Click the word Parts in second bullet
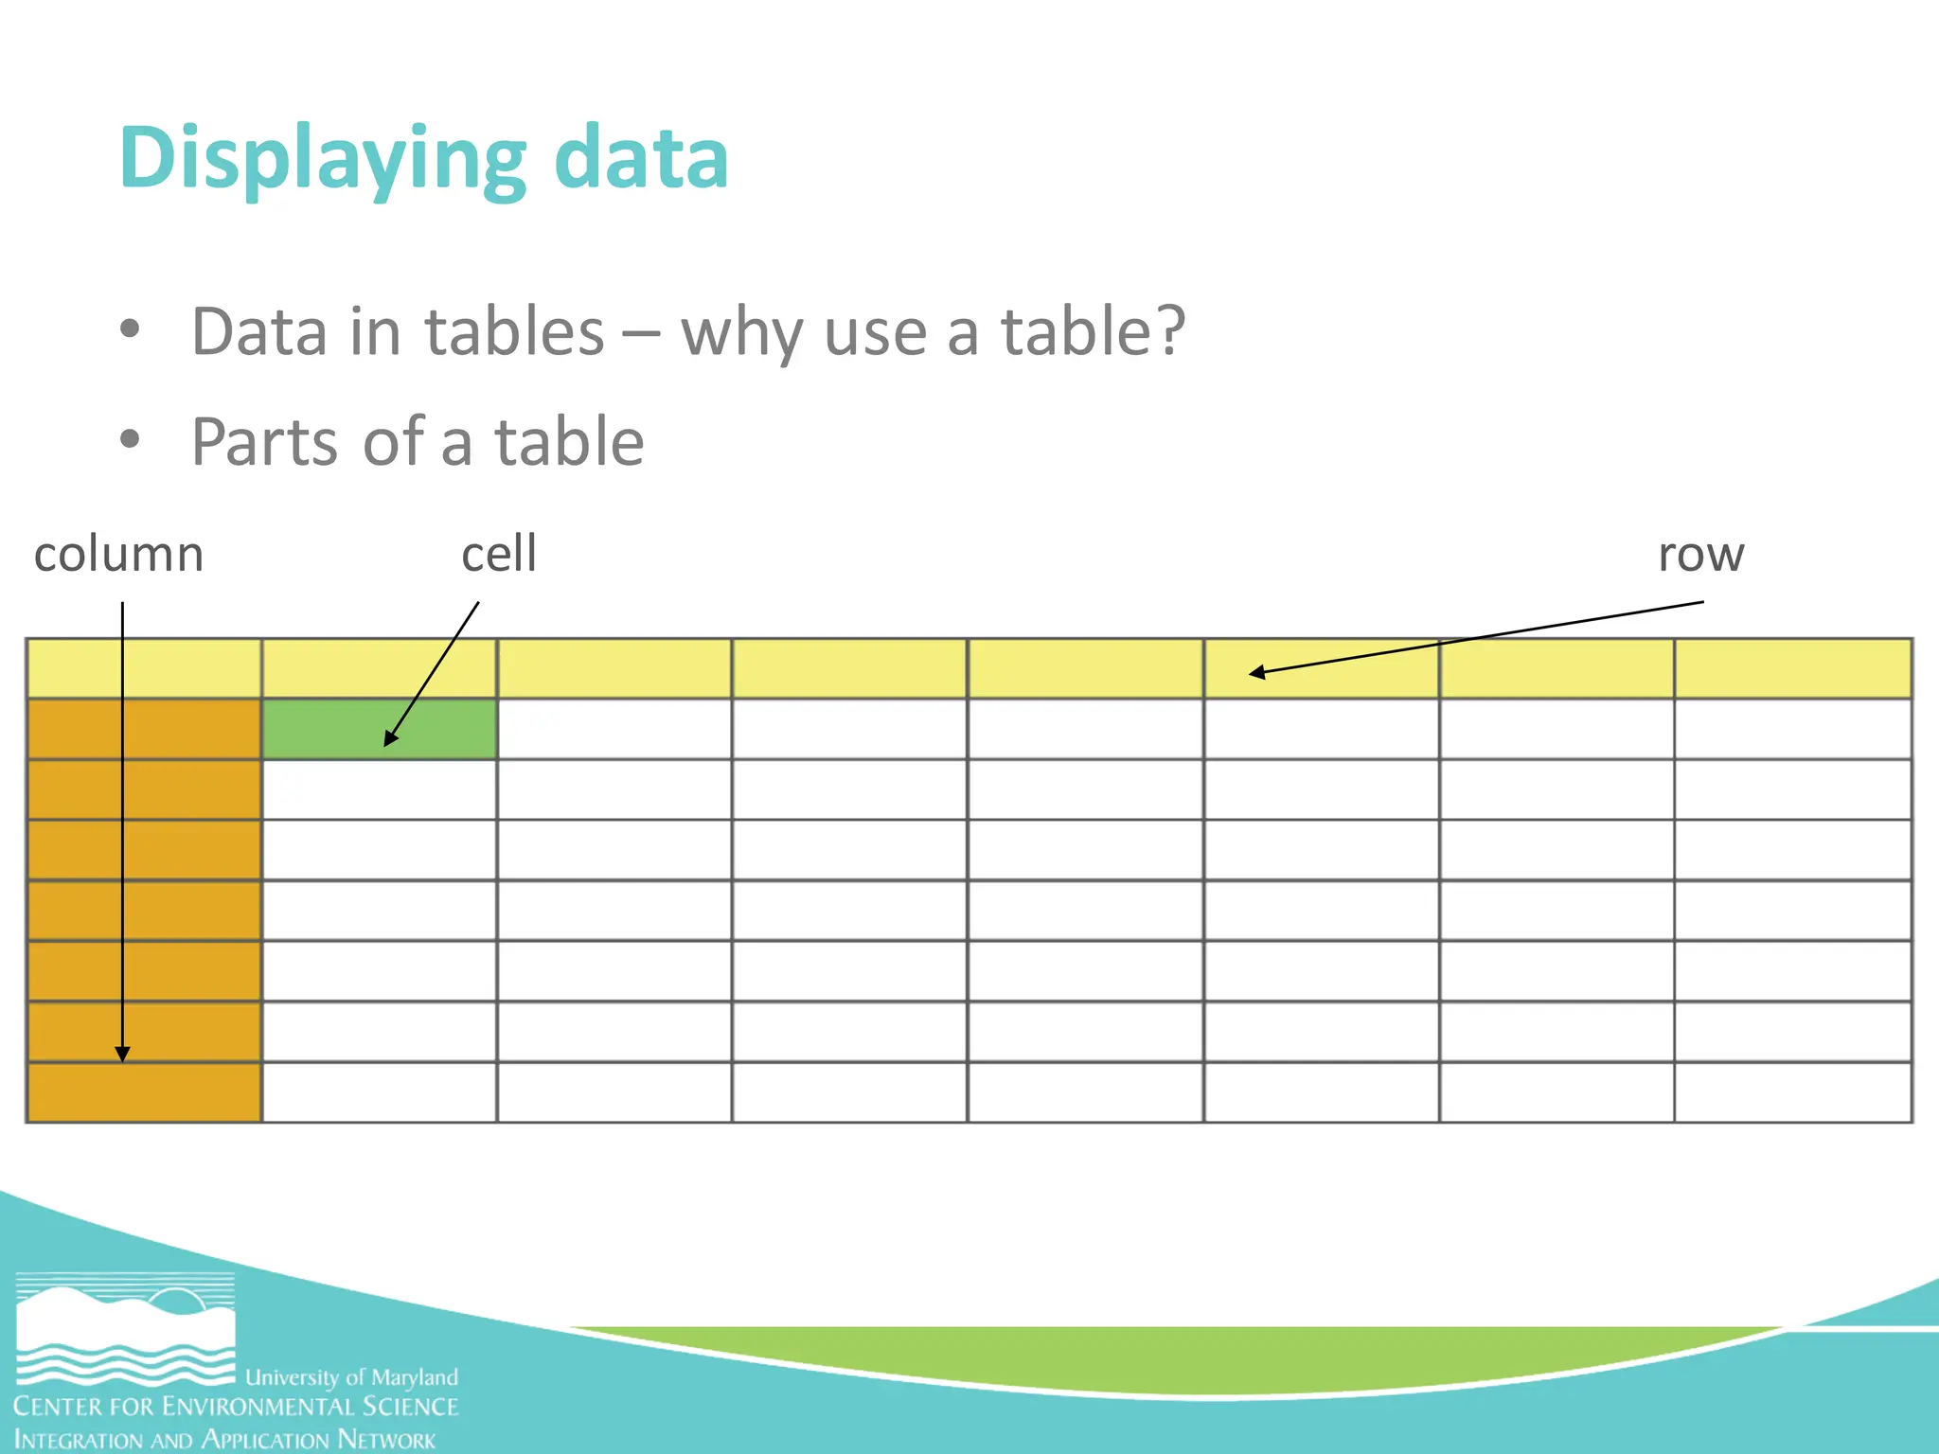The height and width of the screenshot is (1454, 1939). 264,442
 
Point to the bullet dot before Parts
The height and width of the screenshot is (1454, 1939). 130,439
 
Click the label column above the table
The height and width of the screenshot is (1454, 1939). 118,554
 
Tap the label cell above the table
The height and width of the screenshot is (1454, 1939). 499,554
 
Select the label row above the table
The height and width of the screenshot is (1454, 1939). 1700,554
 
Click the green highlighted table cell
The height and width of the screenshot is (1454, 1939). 379,729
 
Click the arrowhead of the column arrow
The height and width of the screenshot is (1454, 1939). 122,1055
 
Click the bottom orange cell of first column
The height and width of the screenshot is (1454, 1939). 144,1092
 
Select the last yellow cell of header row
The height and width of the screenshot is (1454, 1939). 1792,668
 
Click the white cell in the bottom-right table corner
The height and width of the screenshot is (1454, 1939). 1792,1092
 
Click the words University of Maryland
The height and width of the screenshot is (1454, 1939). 351,1377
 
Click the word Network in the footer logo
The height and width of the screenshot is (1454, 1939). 386,1440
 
